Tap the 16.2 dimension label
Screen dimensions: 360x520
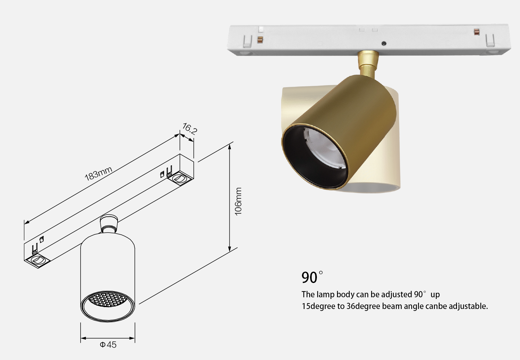189,129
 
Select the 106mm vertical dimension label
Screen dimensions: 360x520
238,201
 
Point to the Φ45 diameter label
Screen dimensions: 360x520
108,345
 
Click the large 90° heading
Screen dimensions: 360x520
312,277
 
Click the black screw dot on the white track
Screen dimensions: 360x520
384,43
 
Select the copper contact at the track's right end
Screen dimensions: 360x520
477,32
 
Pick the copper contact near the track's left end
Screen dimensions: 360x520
260,40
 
